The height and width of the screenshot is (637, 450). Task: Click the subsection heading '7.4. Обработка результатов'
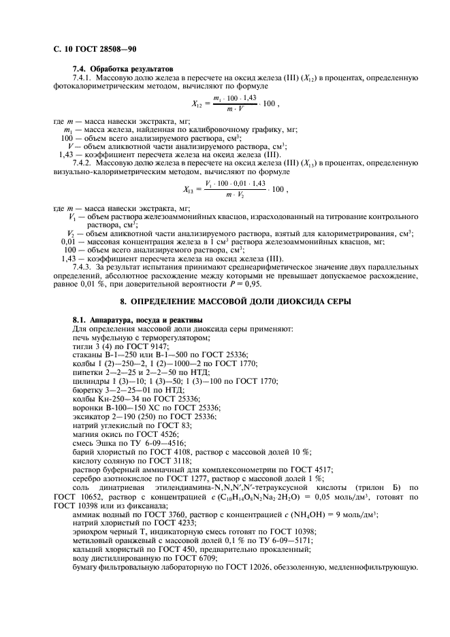tap(123, 69)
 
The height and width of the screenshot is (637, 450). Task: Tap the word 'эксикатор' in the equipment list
tap(91, 416)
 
